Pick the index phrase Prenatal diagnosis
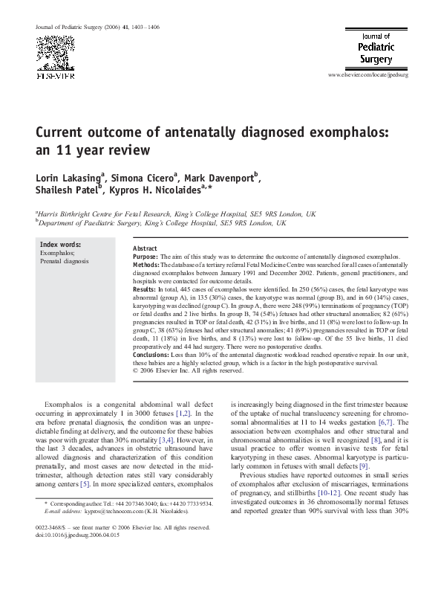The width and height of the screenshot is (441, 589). click(x=64, y=262)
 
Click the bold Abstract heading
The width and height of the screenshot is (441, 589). click(x=145, y=248)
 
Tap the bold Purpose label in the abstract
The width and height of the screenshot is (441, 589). click(x=146, y=256)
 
